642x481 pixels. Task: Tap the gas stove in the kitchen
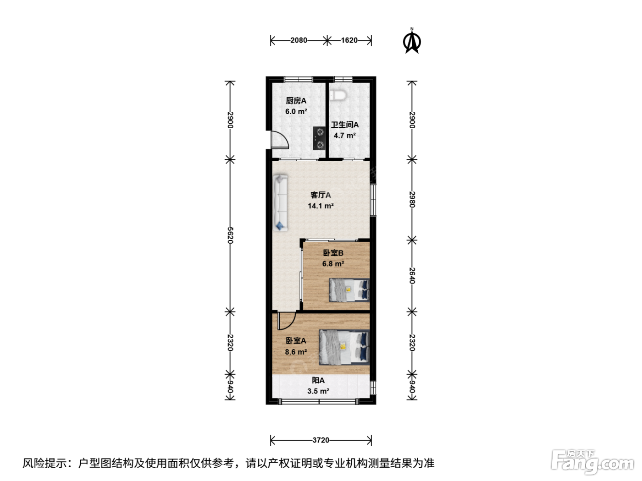[319, 138]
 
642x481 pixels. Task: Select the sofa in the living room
[280, 203]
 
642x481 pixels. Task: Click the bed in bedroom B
[349, 290]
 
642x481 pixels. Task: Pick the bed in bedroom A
[344, 347]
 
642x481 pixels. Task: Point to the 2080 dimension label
[299, 40]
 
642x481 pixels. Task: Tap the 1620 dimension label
[349, 40]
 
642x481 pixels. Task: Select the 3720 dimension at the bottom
[321, 440]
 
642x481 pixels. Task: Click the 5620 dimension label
[230, 235]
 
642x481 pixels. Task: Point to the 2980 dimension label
[412, 199]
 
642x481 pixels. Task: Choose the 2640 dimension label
[412, 276]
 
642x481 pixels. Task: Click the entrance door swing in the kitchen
[280, 140]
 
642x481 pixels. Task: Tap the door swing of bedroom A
[287, 321]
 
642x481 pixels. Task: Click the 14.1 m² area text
[321, 206]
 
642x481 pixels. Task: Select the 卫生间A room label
[345, 125]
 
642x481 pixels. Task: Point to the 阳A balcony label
[318, 381]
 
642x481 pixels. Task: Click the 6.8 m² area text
[333, 264]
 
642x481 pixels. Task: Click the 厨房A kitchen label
[296, 101]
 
